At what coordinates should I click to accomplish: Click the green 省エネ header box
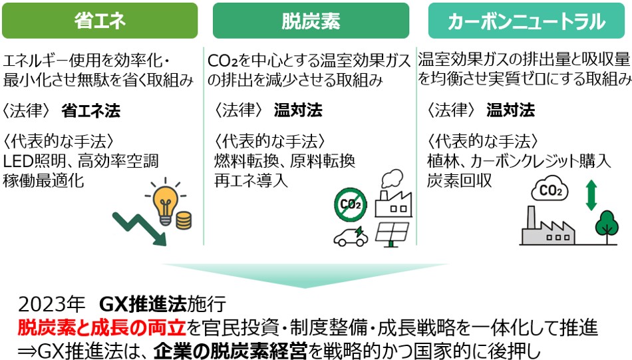[100, 21]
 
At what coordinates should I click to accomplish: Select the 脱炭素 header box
[311, 21]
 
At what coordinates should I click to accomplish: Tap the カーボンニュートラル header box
[526, 21]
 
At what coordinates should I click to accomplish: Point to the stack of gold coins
[184, 220]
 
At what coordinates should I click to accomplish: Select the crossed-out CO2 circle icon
[351, 204]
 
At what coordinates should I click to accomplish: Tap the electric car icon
[351, 237]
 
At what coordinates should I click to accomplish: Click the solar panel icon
[392, 234]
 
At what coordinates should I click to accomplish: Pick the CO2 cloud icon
[550, 189]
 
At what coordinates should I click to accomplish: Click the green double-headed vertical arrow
[591, 195]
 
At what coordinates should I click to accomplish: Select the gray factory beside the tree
[548, 228]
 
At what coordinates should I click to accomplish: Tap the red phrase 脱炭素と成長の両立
[102, 328]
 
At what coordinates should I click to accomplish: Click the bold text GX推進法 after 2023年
[142, 304]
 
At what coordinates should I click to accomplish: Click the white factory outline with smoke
[393, 194]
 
